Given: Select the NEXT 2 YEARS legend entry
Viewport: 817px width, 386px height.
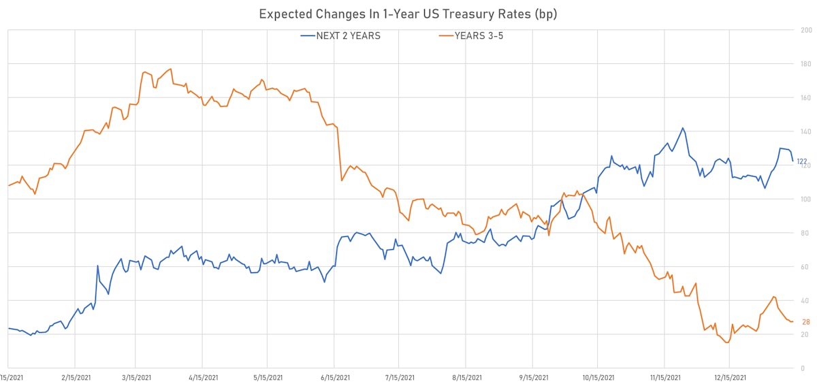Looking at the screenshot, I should [x=340, y=35].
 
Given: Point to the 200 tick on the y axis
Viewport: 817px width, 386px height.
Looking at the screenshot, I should [x=807, y=31].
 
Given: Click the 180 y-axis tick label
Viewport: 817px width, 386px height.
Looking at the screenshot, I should [x=807, y=65].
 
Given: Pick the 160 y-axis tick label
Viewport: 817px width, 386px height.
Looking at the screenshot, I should [x=807, y=98].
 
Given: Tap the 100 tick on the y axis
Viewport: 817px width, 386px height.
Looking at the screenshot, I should [x=807, y=199].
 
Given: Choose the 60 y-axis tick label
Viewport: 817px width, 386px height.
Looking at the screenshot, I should [x=807, y=267].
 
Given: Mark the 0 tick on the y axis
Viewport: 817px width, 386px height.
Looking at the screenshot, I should [x=807, y=368].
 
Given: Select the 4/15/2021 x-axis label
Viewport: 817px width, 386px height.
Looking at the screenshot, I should [x=202, y=377].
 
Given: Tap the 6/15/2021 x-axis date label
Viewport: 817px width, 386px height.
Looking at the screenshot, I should [x=334, y=377].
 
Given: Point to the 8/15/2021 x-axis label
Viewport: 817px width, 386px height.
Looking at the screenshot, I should [x=466, y=377].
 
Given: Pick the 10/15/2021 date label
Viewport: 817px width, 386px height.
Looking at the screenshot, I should [x=598, y=377].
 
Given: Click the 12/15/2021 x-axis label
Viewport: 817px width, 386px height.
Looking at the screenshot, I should [x=729, y=377].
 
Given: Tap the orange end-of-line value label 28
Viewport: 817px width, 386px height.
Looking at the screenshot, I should [x=805, y=322].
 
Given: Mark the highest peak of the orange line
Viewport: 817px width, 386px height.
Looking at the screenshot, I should [x=170, y=69].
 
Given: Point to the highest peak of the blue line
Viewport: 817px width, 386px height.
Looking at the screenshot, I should [x=682, y=128].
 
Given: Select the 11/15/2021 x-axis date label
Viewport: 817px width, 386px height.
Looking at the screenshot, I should [x=664, y=377].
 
